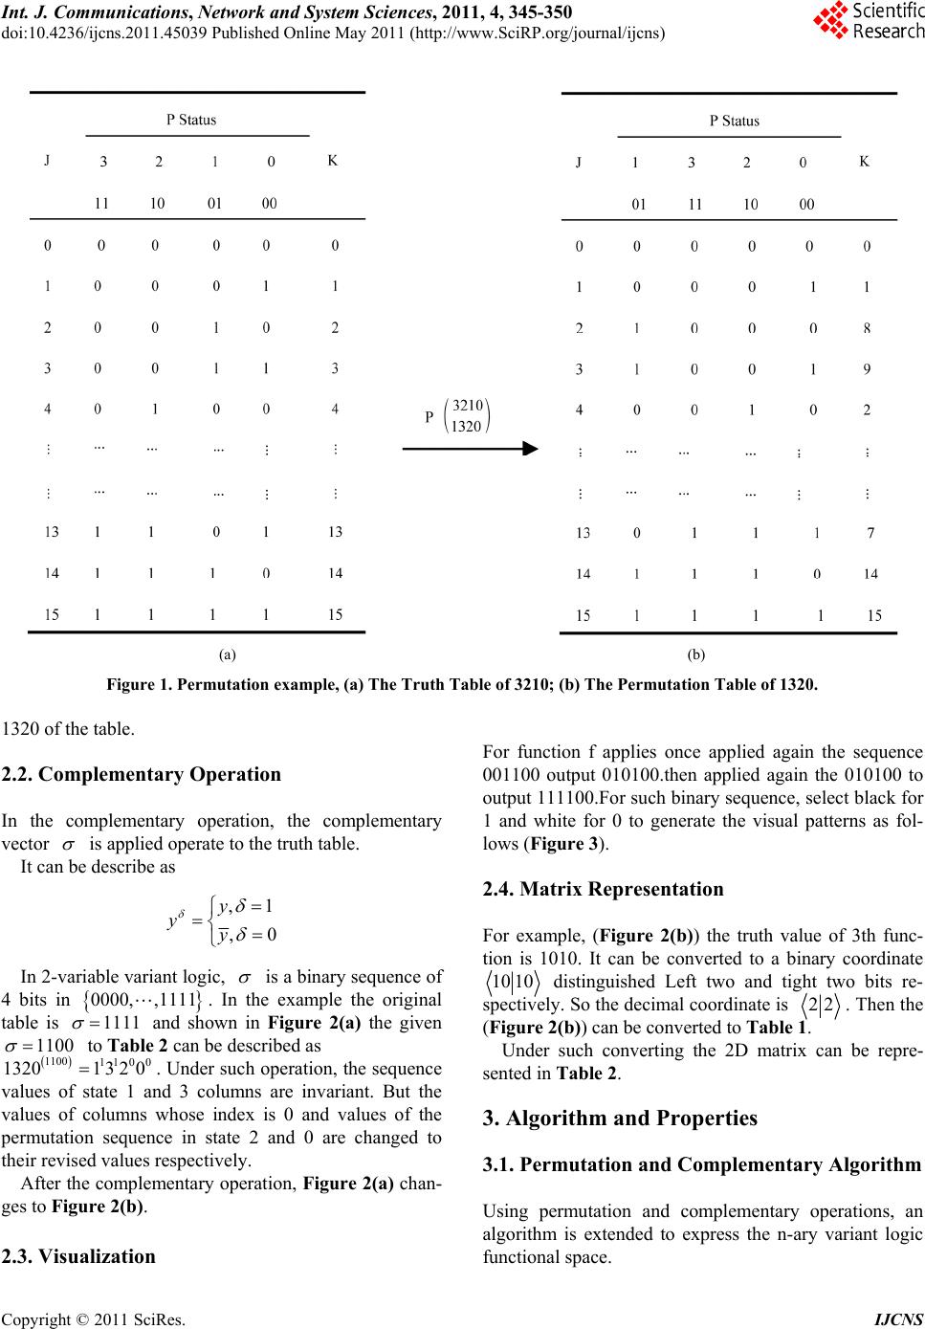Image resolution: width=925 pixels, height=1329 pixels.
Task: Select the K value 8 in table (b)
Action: click(867, 328)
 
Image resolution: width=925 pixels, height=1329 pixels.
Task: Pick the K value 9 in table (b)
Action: click(867, 368)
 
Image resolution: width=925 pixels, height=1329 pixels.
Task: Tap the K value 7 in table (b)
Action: click(870, 533)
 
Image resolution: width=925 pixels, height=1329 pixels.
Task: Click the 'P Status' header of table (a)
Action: click(191, 120)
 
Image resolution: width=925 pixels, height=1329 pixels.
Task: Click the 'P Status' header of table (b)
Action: click(734, 121)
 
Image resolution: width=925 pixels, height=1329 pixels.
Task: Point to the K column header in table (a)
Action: click(332, 161)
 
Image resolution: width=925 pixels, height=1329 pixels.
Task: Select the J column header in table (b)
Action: click(579, 163)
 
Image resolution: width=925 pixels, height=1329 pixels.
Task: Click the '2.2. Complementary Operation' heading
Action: click(142, 774)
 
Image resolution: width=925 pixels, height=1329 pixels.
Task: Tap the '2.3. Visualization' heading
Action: click(78, 1256)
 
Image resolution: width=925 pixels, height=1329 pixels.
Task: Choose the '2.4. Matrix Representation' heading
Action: click(603, 889)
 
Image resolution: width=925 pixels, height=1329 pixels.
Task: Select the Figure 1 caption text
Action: click(462, 685)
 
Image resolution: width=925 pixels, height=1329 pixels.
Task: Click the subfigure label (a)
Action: click(227, 654)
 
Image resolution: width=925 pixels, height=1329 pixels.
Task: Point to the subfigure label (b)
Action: click(695, 654)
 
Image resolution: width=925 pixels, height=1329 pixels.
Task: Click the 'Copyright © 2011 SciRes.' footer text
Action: click(94, 1320)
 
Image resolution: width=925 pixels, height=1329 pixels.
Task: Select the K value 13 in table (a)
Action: click(335, 532)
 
